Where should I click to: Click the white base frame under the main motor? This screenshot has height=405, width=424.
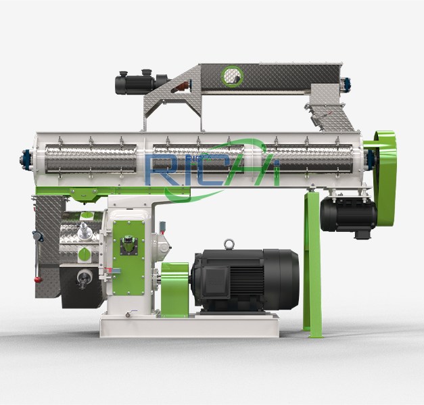(189, 327)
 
